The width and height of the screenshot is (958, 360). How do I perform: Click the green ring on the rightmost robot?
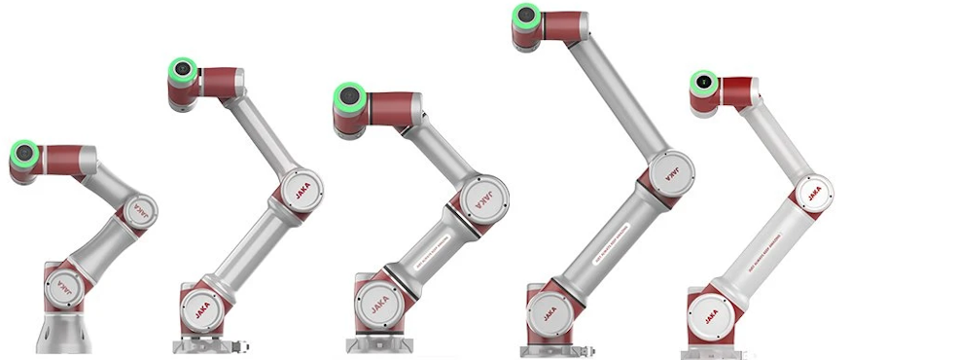tap(700, 83)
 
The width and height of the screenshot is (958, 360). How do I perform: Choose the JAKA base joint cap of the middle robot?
tap(375, 306)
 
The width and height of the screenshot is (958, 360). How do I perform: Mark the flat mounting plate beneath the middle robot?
tap(386, 344)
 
